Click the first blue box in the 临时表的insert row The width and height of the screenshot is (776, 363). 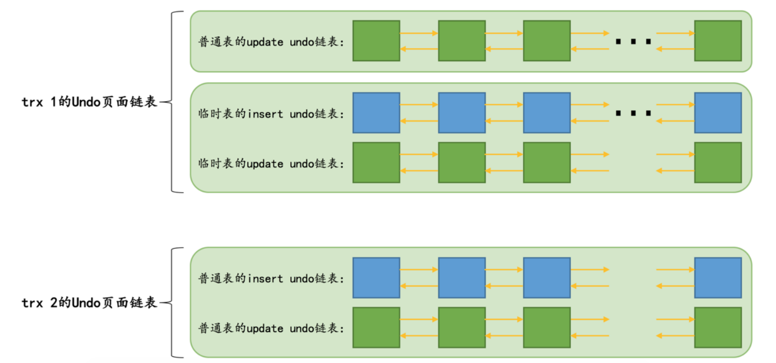tap(376, 113)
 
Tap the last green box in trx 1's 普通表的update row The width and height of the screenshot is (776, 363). tap(718, 41)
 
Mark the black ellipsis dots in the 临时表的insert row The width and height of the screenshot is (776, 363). tap(633, 113)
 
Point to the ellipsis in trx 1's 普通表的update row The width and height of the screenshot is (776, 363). tap(633, 41)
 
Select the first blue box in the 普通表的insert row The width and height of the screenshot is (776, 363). tap(376, 278)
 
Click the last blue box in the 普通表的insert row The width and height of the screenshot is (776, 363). tap(718, 278)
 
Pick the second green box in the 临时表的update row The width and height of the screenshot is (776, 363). tap(462, 163)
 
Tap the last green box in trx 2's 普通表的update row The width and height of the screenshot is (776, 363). tap(718, 327)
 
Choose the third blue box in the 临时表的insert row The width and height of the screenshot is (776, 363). tap(546, 113)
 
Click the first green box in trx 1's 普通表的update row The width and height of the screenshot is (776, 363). tap(376, 41)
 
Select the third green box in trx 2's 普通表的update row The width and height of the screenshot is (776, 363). tap(546, 327)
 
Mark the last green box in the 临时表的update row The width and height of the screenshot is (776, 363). tap(718, 163)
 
